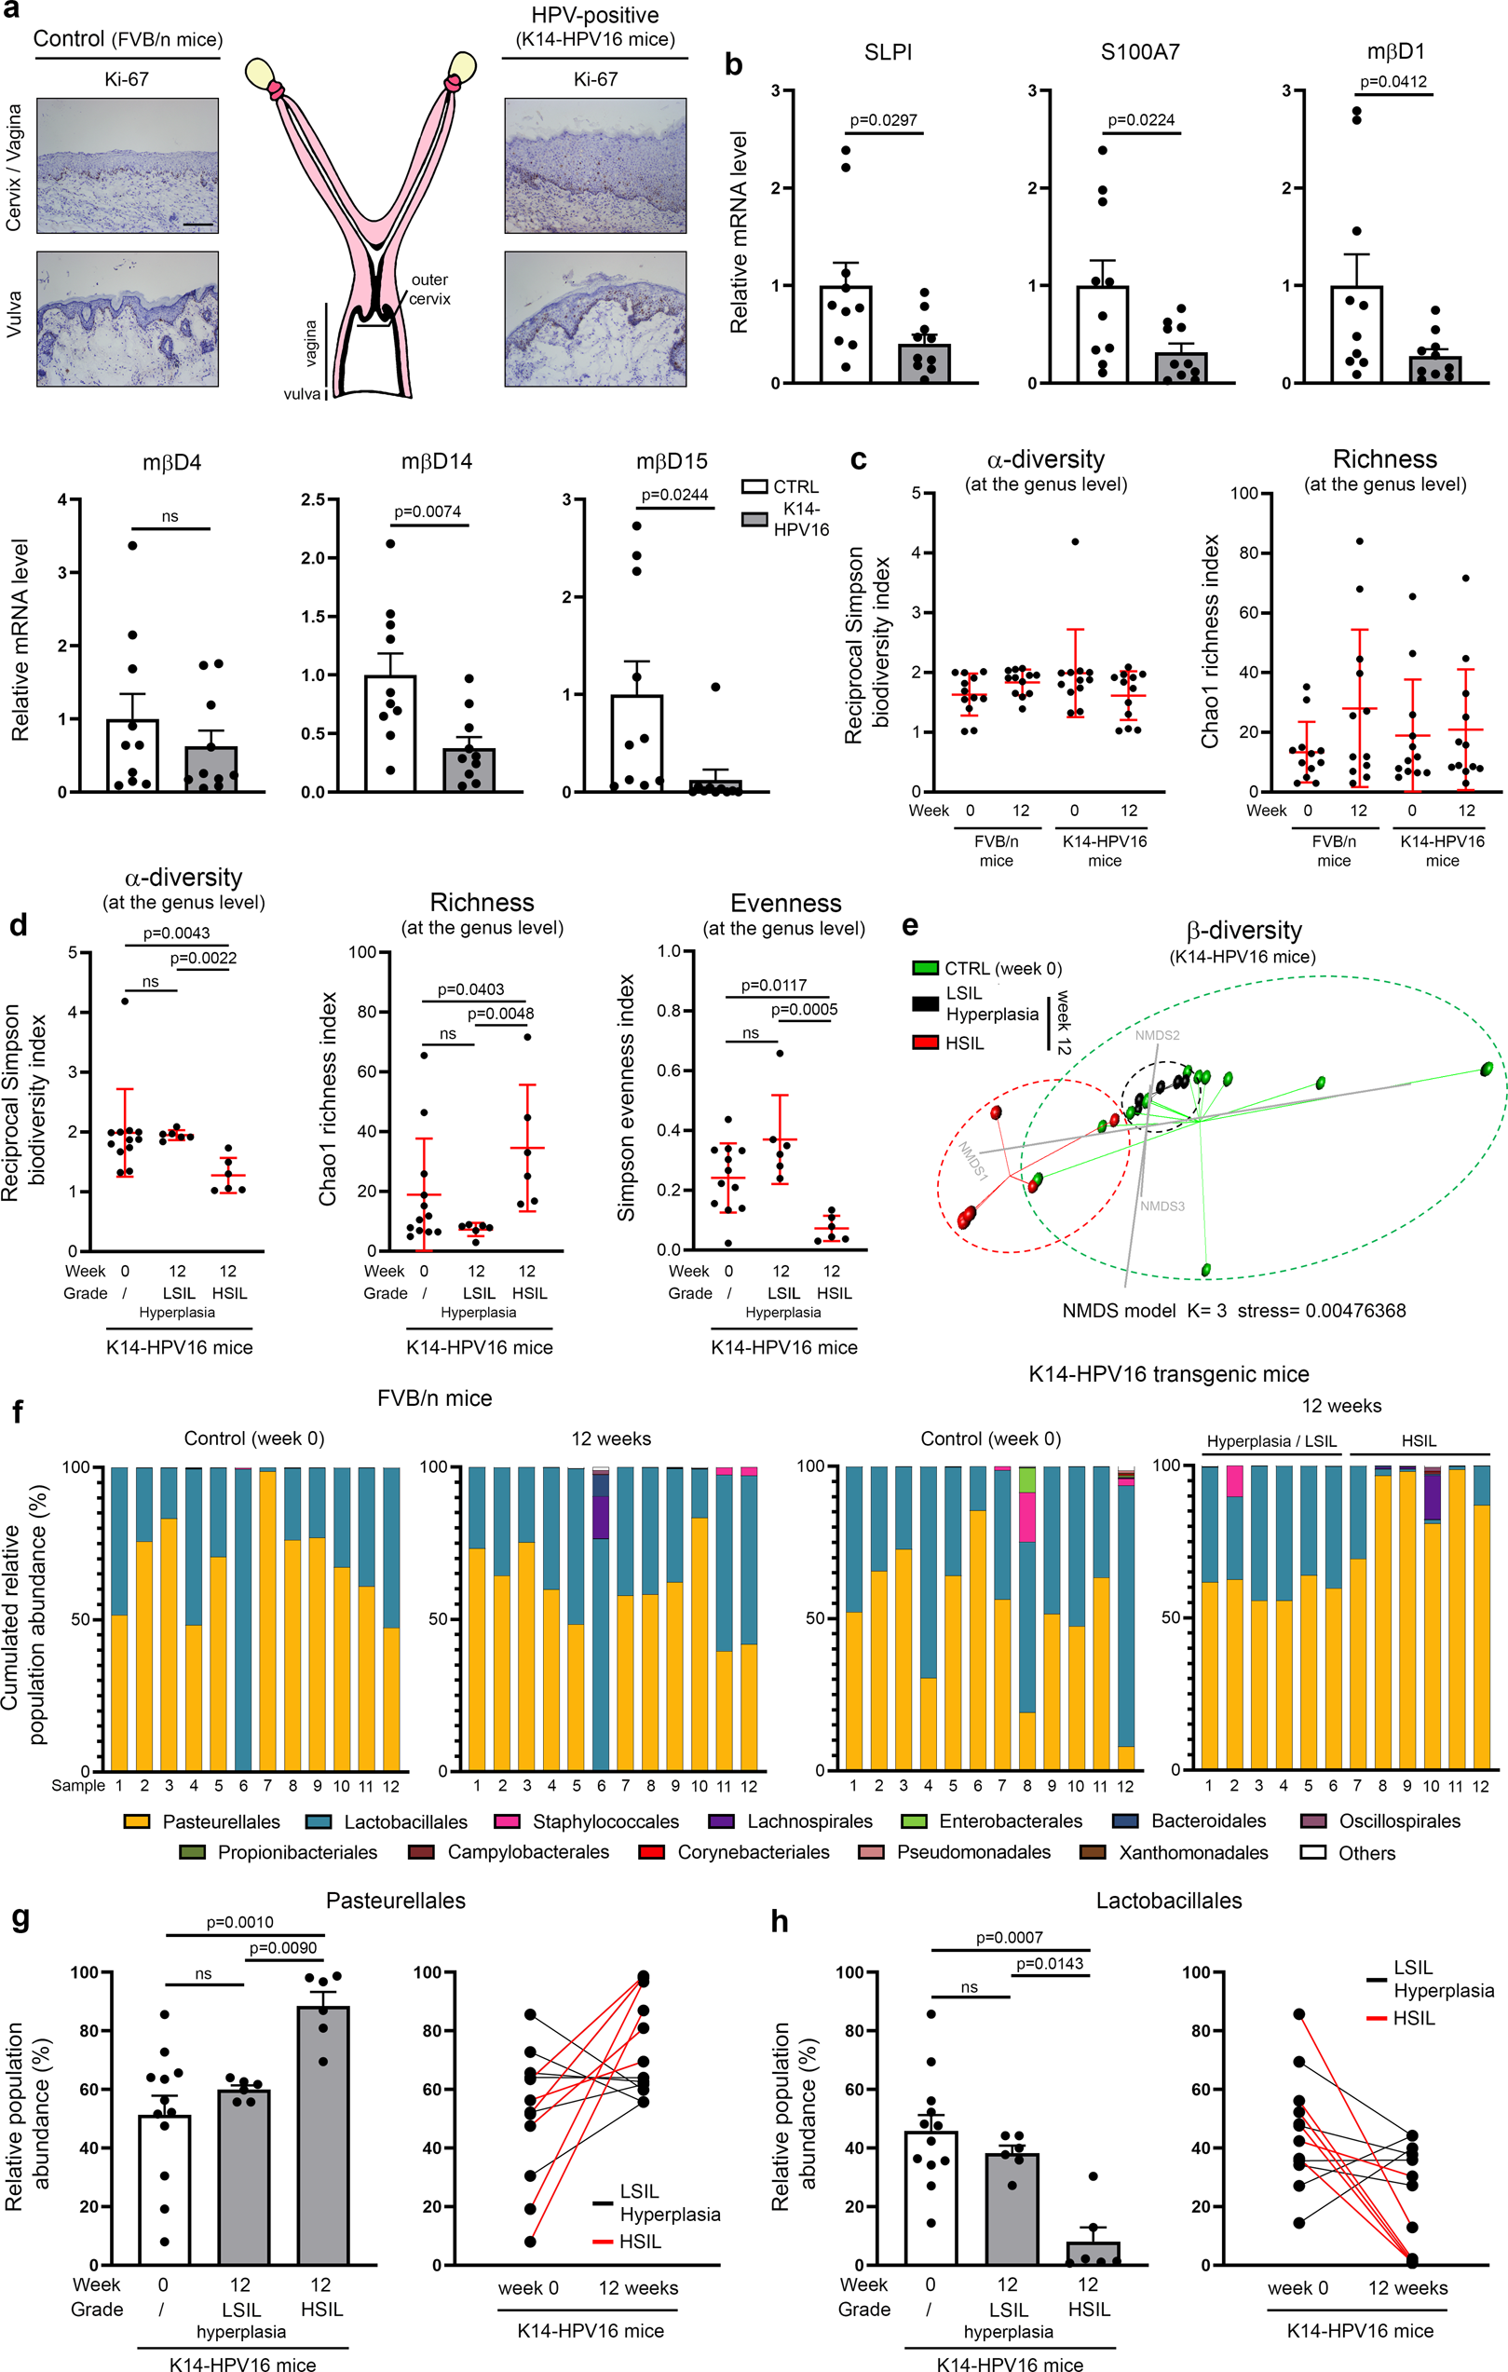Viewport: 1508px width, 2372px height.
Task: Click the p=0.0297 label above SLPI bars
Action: pyautogui.click(x=883, y=120)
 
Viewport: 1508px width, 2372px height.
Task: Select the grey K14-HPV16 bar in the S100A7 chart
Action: pyautogui.click(x=1180, y=366)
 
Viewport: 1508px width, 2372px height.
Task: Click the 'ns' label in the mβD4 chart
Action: pyautogui.click(x=170, y=516)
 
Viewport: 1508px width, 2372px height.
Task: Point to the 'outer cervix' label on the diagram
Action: pyautogui.click(x=429, y=290)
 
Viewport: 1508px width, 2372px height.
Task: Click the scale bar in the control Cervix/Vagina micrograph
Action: pyautogui.click(x=198, y=225)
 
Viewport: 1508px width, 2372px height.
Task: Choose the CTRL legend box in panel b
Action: pyautogui.click(x=754, y=486)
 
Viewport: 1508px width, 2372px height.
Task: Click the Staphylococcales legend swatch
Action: pyautogui.click(x=507, y=1821)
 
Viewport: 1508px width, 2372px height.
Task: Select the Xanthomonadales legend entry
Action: pyautogui.click(x=1193, y=1853)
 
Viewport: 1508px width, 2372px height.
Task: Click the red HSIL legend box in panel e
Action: pyautogui.click(x=924, y=1043)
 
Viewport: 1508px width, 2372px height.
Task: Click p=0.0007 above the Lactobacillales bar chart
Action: pyautogui.click(x=1009, y=1937)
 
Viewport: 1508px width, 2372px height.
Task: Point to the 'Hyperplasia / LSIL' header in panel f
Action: pyautogui.click(x=1270, y=1441)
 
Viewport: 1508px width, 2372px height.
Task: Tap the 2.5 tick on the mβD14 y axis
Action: pyautogui.click(x=313, y=499)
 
